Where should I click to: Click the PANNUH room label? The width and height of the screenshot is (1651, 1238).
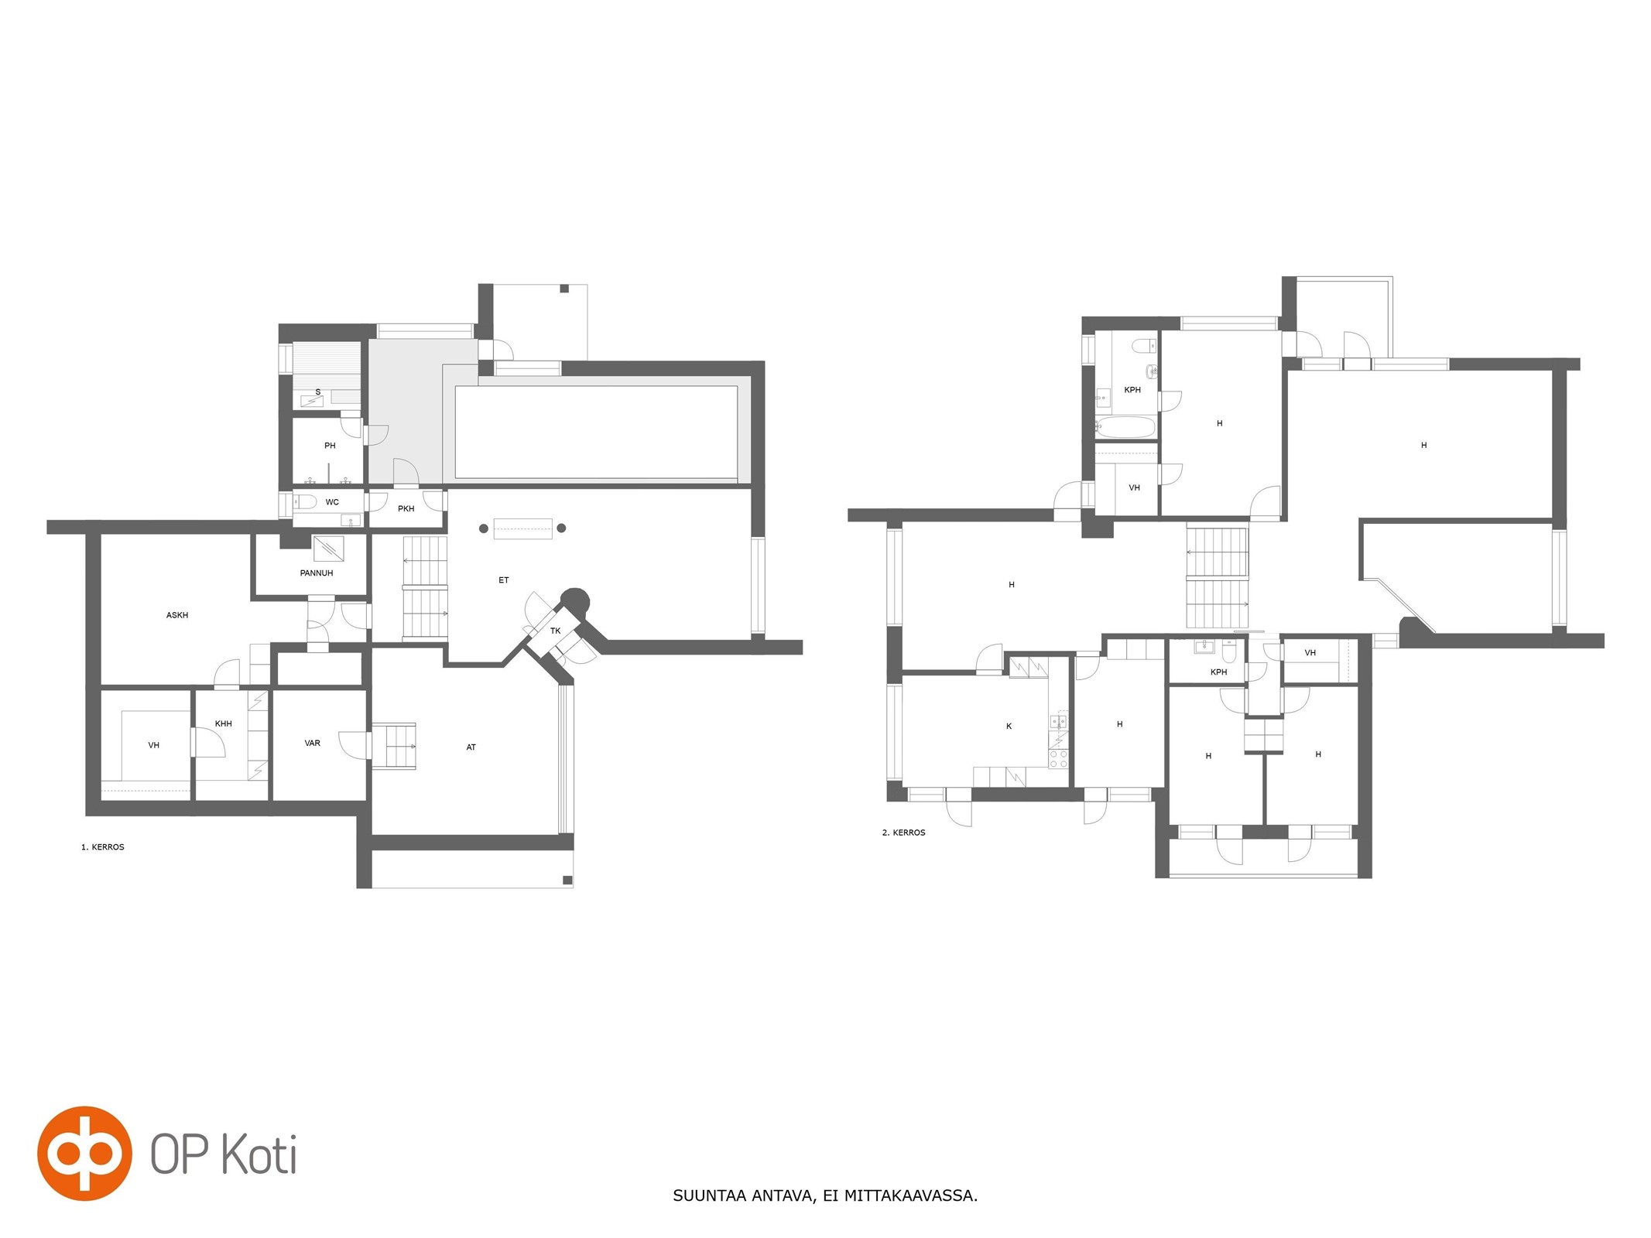click(317, 573)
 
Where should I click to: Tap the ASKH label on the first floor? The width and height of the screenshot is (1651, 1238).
click(177, 615)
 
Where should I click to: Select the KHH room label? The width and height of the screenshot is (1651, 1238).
click(224, 723)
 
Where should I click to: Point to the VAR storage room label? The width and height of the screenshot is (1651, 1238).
click(313, 743)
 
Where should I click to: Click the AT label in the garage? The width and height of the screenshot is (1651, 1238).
click(471, 747)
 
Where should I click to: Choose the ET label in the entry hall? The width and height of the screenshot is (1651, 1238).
click(504, 580)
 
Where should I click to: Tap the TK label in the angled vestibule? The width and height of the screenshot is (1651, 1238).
click(556, 631)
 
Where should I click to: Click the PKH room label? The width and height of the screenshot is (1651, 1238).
click(406, 508)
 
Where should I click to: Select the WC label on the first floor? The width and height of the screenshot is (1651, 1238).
click(332, 502)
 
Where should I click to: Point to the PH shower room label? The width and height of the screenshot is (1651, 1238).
click(330, 446)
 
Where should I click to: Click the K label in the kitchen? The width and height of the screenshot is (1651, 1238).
click(1009, 727)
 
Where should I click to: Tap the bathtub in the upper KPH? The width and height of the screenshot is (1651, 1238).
click(1125, 427)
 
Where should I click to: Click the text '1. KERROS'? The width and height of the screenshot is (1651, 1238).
click(103, 847)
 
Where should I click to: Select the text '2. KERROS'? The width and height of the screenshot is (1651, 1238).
click(904, 833)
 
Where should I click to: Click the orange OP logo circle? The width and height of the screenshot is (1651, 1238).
click(84, 1154)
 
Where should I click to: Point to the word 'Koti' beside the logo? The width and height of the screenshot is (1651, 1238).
click(260, 1155)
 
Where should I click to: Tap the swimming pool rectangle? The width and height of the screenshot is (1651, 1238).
click(596, 433)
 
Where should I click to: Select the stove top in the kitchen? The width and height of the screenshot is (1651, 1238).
click(1058, 758)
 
